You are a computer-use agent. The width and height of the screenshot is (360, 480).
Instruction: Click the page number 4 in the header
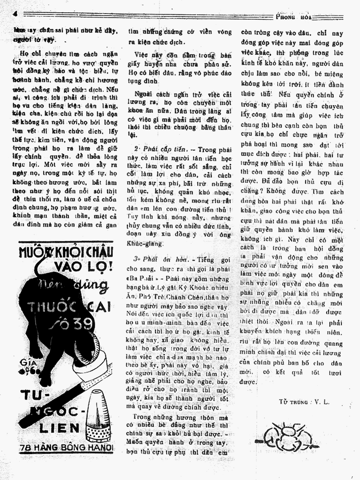pos(15,14)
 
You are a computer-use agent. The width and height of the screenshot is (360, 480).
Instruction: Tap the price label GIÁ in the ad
pos(26,364)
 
